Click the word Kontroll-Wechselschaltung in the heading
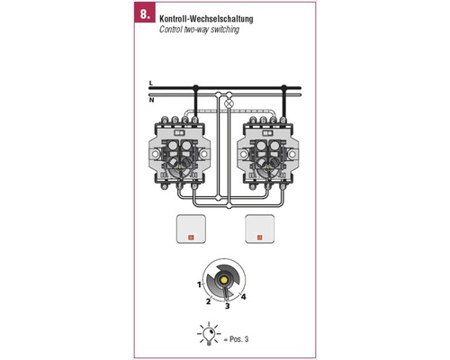click(206, 19)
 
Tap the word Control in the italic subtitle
click(171, 30)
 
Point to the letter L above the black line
click(151, 83)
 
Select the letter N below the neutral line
click(151, 100)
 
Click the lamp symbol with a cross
click(229, 103)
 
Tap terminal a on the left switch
click(165, 121)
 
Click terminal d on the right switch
click(283, 121)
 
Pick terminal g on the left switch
click(194, 186)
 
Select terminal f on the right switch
click(267, 186)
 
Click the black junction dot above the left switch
click(195, 87)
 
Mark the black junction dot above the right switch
click(283, 87)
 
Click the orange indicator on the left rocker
click(191, 238)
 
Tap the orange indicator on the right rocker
click(259, 238)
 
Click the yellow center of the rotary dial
click(223, 280)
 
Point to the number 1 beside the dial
click(199, 284)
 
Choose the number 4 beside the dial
click(243, 297)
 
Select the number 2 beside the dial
click(208, 301)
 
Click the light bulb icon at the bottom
click(209, 334)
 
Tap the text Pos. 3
click(239, 339)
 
